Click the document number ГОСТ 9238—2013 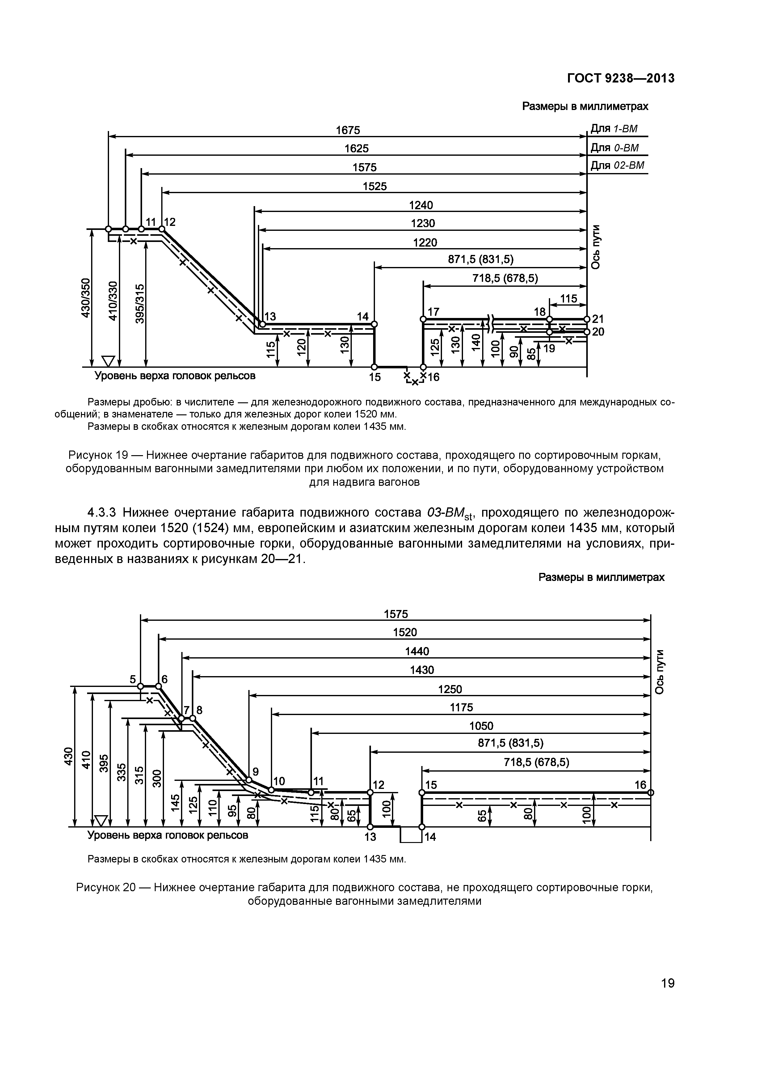(620, 78)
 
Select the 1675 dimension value (347, 130)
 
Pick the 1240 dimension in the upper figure (420, 205)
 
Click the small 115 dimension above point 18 (568, 299)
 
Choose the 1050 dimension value (481, 726)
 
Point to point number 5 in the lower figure (133, 679)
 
